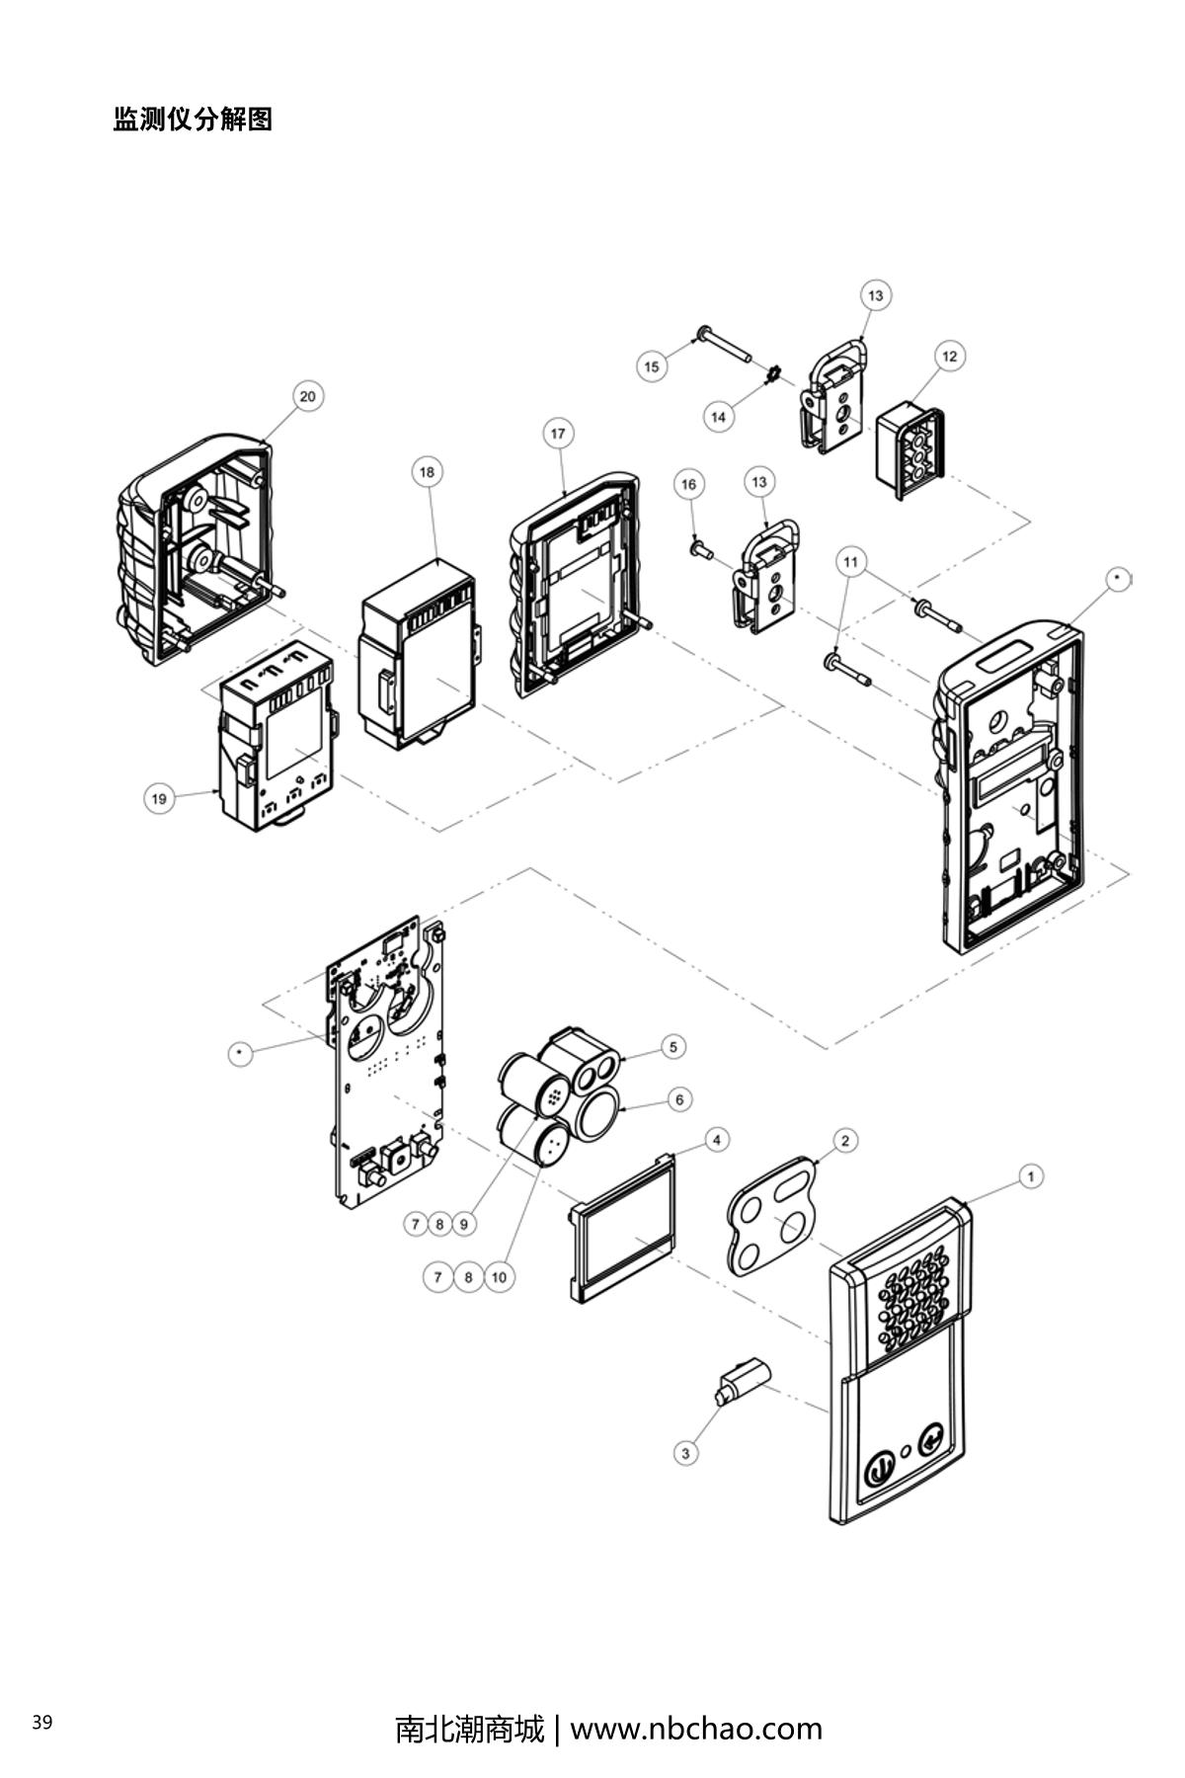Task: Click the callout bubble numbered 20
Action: click(x=308, y=396)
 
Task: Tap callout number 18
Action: click(x=427, y=472)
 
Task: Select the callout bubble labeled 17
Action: click(x=559, y=434)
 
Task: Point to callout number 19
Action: click(x=159, y=798)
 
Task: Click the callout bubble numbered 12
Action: click(x=950, y=356)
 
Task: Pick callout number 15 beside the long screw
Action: click(x=651, y=366)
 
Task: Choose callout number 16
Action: click(x=689, y=484)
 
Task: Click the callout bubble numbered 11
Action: click(x=851, y=562)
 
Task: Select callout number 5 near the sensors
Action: click(x=672, y=1046)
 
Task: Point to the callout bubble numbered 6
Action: click(x=679, y=1098)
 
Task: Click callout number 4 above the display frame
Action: click(x=717, y=1140)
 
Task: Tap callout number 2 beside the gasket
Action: click(x=845, y=1141)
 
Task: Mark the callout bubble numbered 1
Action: click(x=1031, y=1176)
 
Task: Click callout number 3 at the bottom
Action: click(x=685, y=1453)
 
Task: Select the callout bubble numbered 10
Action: click(x=499, y=1277)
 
